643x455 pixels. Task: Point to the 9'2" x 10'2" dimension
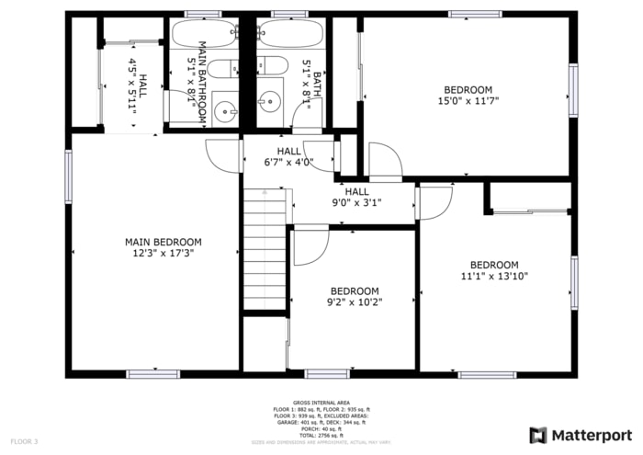click(x=355, y=301)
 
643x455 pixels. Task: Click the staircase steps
click(x=265, y=248)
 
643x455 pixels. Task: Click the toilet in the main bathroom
click(x=223, y=68)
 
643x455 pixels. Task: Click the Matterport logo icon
click(x=538, y=434)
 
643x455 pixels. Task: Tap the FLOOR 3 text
click(x=25, y=442)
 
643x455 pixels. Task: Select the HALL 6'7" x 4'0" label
click(x=288, y=157)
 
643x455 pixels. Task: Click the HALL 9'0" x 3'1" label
click(x=356, y=197)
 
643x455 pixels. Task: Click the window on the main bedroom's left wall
click(x=68, y=176)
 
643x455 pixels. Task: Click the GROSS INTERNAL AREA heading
click(x=321, y=403)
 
